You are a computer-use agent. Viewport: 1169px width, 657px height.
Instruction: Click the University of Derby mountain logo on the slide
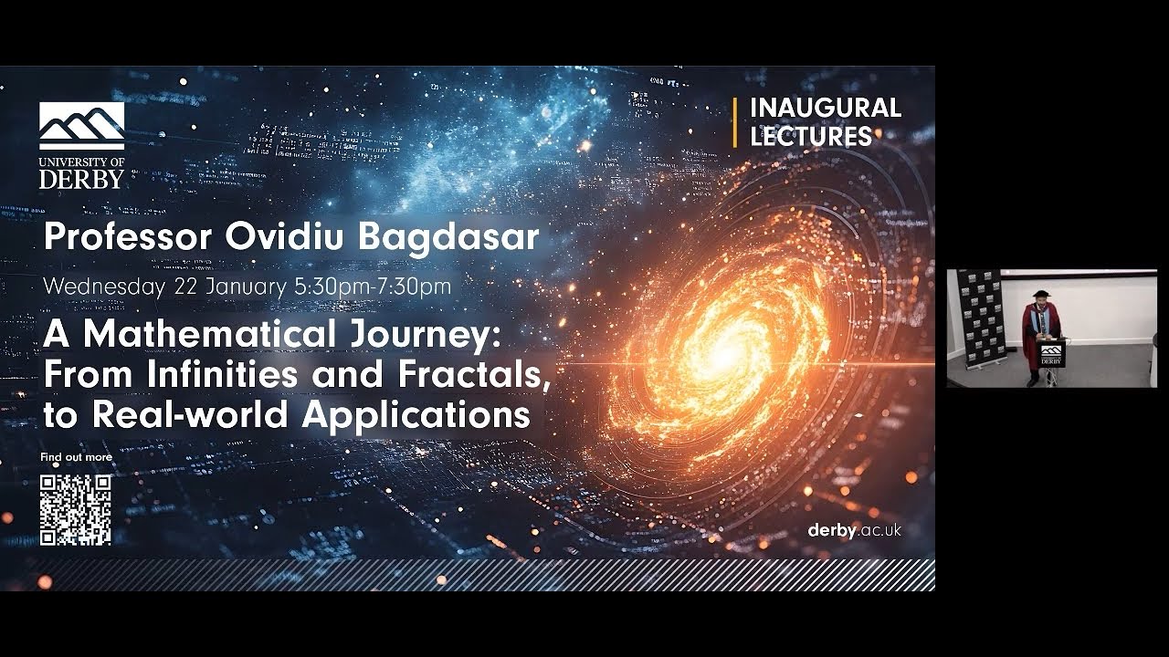81,125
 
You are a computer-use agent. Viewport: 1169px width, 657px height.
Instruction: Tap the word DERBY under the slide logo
81,179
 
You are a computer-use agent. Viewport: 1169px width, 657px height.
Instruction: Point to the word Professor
128,237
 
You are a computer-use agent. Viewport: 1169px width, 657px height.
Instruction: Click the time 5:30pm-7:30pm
372,286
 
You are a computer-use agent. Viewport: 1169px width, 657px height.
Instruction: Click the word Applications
416,414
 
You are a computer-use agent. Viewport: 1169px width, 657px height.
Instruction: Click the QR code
75,509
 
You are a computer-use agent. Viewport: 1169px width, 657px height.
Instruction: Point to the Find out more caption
76,457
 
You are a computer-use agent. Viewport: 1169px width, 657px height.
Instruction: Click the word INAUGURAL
825,108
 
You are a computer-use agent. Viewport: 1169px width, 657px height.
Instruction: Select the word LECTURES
811,137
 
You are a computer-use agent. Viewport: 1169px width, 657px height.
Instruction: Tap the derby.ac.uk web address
854,530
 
